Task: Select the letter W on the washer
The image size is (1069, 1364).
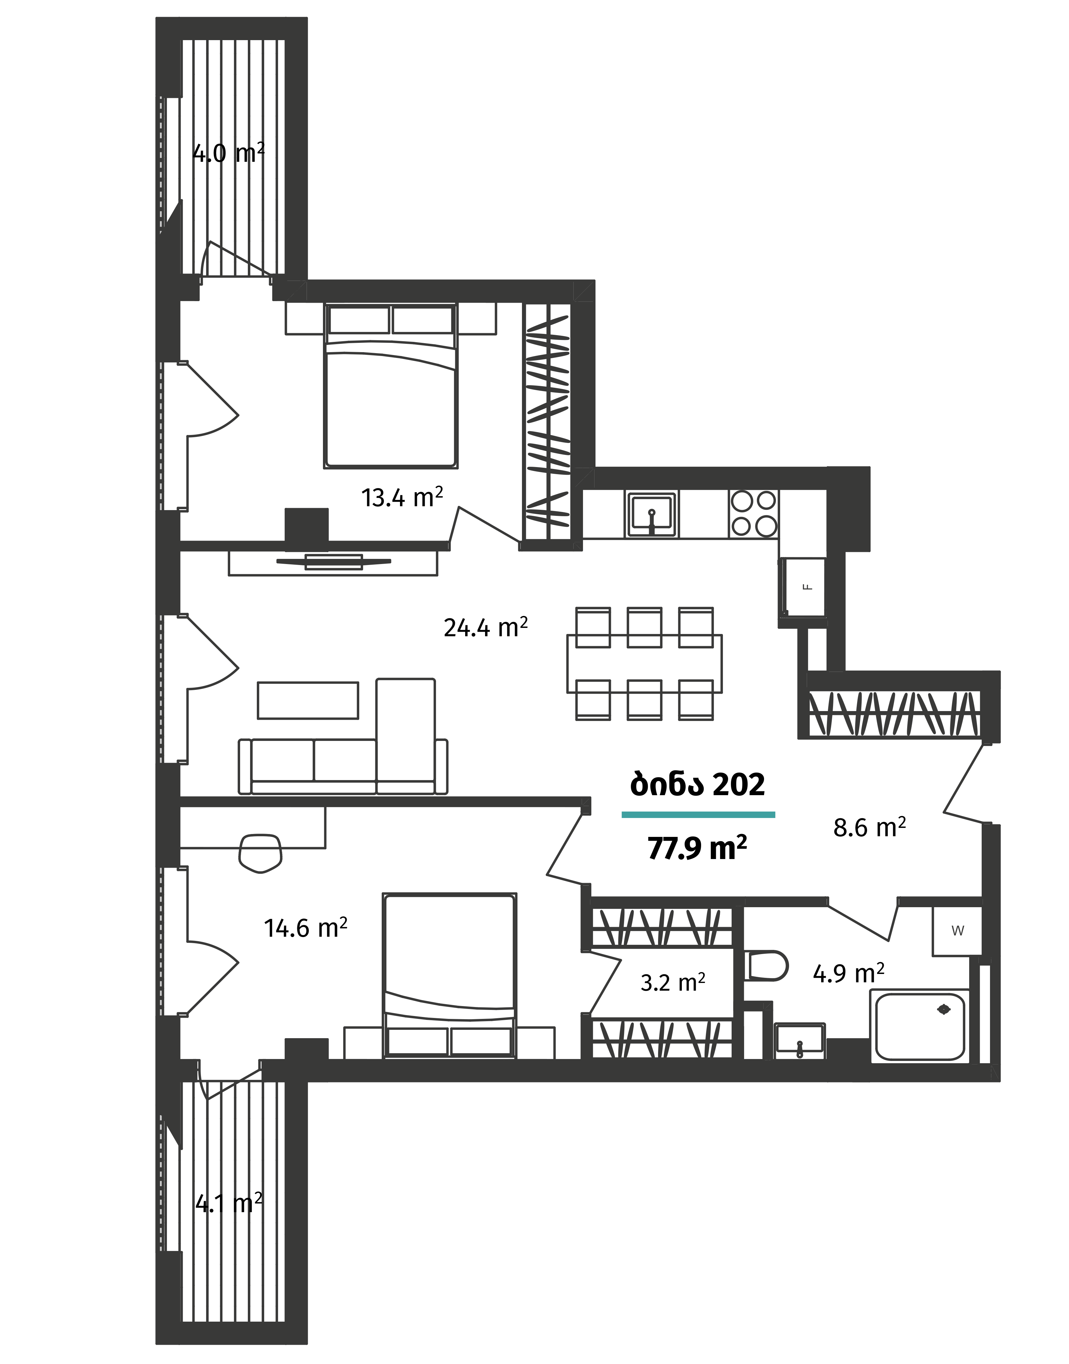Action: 957,930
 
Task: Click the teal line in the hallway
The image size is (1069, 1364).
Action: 698,815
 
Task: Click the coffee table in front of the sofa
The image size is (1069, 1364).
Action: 308,700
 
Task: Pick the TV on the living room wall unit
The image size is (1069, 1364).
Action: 334,561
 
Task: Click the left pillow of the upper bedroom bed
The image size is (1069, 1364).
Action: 359,320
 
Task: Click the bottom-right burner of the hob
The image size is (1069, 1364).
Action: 766,526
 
